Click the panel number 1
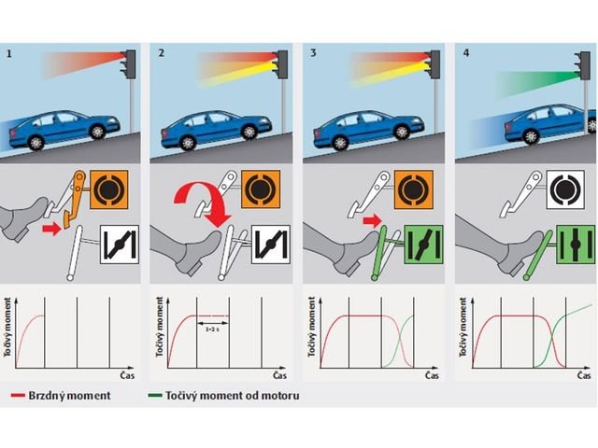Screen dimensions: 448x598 [8, 54]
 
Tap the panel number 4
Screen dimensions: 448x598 [466, 54]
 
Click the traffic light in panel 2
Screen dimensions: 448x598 [278, 63]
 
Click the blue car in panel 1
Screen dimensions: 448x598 [70, 128]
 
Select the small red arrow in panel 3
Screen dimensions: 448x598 [370, 220]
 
